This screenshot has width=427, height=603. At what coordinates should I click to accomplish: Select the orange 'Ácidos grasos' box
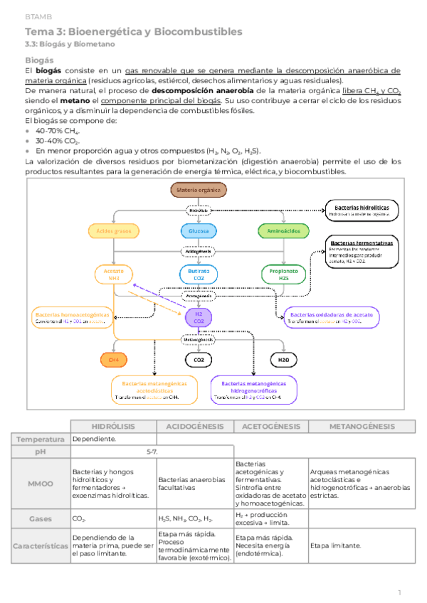pos(114,231)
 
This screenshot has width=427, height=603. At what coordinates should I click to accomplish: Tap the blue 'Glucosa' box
pos(199,231)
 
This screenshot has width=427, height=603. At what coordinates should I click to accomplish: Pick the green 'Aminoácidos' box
pos(283,231)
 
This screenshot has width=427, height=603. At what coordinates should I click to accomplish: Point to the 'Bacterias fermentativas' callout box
pos(362,251)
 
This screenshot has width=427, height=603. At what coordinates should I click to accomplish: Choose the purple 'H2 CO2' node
pos(199,317)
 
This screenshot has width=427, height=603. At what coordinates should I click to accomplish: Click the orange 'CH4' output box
pos(114,360)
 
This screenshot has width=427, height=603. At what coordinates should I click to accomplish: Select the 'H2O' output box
pos(283,360)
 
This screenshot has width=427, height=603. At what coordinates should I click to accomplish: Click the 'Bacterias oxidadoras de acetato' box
pos(331,317)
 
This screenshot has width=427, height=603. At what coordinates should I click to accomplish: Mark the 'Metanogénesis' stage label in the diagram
pos(199,340)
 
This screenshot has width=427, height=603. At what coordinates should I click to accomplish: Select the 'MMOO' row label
pos(41,484)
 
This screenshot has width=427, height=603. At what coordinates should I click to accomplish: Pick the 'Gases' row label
pos(41,519)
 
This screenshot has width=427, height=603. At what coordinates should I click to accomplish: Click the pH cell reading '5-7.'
pos(152,452)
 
